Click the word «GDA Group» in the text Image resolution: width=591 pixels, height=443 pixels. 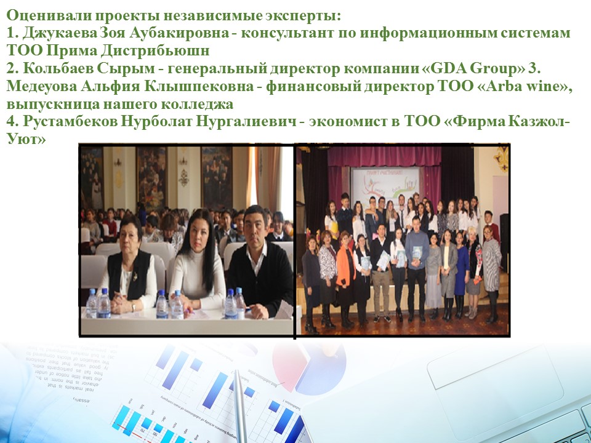pyautogui.click(x=477, y=68)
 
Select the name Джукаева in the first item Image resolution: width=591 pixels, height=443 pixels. pyautogui.click(x=60, y=33)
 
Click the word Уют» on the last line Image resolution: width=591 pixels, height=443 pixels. pyautogui.click(x=26, y=140)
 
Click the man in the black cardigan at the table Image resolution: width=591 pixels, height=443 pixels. pyautogui.click(x=260, y=264)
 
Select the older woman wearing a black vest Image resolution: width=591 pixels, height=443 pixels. pyautogui.click(x=129, y=268)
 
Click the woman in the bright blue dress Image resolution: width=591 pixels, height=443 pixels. pyautogui.click(x=460, y=275)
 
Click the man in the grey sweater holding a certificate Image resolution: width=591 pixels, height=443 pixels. pyautogui.click(x=417, y=268)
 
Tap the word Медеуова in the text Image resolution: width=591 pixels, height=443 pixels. pyautogui.click(x=41, y=86)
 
